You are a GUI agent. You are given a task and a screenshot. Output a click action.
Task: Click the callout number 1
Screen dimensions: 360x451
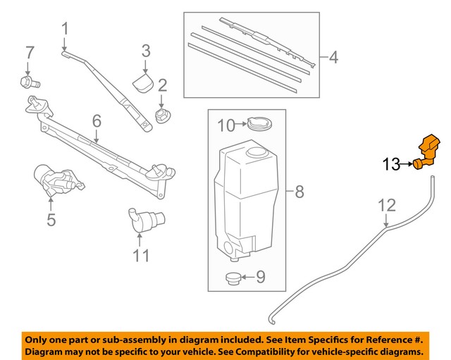[x=65, y=30]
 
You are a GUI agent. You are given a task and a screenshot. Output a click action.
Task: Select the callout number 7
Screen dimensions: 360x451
[x=29, y=52]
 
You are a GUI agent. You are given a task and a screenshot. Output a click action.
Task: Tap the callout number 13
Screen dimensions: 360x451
[x=390, y=165]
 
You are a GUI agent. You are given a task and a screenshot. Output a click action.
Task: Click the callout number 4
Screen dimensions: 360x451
[x=333, y=57]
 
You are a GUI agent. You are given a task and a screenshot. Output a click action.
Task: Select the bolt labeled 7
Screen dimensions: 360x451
[x=27, y=81]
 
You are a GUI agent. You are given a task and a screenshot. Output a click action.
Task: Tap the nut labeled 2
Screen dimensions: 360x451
[x=161, y=114]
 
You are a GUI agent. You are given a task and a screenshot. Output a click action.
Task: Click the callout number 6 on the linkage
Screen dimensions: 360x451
[x=96, y=121]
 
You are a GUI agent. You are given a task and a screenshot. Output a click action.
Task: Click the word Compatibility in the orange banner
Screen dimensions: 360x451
[x=263, y=352]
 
